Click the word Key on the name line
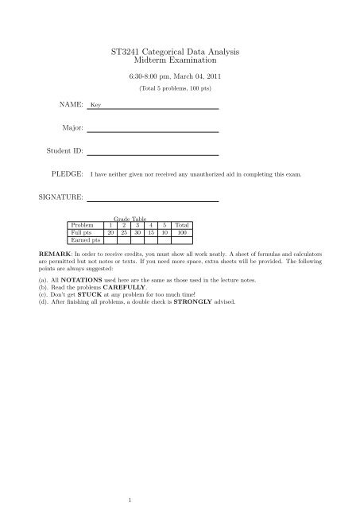coord(95,105)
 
